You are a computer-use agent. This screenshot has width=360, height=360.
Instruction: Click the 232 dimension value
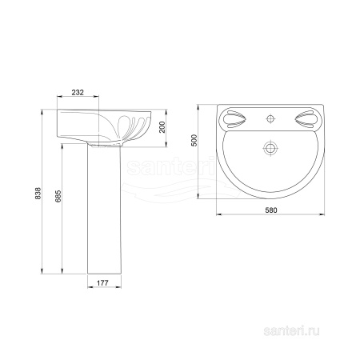pyautogui.click(x=78, y=92)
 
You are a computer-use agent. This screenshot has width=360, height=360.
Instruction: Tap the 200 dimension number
pyautogui.click(x=162, y=127)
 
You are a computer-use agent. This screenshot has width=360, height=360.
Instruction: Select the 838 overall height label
pyautogui.click(x=38, y=193)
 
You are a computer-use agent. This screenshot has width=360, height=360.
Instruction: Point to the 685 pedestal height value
pyautogui.click(x=58, y=196)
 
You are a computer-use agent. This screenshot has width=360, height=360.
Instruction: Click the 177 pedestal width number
pyautogui.click(x=102, y=283)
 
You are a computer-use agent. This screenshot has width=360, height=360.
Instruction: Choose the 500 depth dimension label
pyautogui.click(x=194, y=140)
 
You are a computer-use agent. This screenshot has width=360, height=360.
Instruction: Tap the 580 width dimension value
pyautogui.click(x=271, y=210)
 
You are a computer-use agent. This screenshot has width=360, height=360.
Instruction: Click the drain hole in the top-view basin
pyautogui.click(x=270, y=148)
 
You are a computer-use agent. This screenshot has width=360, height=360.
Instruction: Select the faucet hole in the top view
pyautogui.click(x=270, y=118)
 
